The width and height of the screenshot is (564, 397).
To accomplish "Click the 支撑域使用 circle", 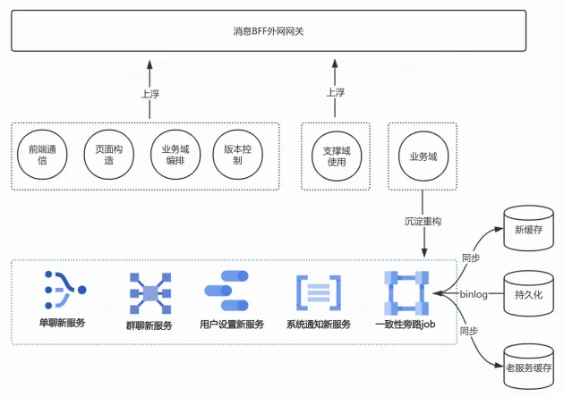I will pos(336,155).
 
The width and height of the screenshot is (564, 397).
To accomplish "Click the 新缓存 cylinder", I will pos(527,229).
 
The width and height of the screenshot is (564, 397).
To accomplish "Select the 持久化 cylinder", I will pos(527,293).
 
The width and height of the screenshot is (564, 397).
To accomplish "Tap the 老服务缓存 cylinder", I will pos(527,365).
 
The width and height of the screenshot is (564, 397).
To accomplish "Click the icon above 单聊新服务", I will pos(63,289).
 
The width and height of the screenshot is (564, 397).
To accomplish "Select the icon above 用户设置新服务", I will pos(231,290).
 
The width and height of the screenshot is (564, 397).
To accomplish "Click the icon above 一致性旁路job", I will pos(405,291).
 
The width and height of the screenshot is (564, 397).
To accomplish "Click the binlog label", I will pos(474,293).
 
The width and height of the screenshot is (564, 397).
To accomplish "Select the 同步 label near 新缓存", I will pos(471,258).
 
